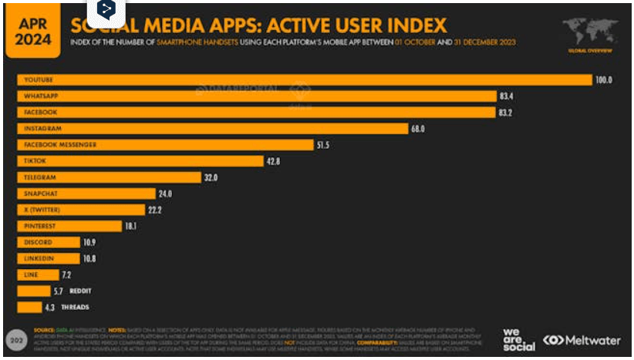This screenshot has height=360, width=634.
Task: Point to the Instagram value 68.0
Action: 418,129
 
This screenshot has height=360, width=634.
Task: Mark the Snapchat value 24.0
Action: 164,193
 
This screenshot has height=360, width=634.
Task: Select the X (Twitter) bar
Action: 81,210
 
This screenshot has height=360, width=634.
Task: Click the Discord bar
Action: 49,242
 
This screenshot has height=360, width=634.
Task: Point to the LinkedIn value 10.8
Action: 89,258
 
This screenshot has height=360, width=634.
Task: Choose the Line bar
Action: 39,274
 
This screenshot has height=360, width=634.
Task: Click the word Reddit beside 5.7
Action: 79,291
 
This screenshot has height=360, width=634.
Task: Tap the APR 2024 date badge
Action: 32,29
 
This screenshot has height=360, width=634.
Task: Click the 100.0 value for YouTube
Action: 602,80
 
